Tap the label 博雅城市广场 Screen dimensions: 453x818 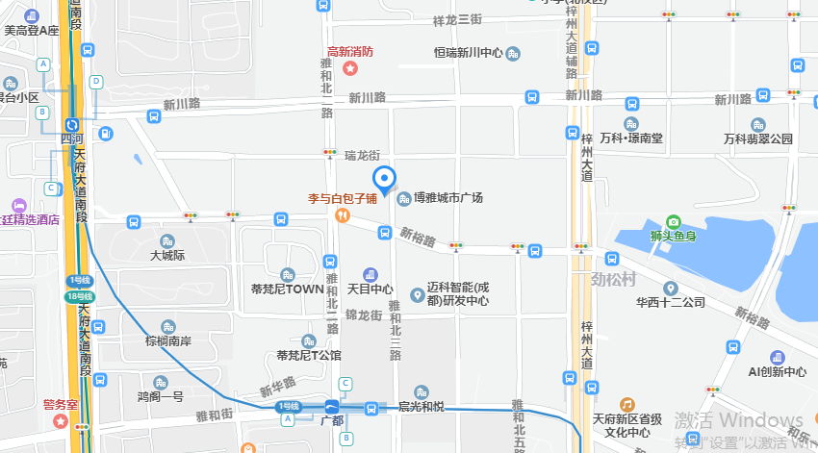coord(447,197)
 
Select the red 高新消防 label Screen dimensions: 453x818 coord(350,51)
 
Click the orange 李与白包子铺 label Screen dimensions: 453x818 coord(342,199)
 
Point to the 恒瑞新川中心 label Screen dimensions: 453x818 coord(469,53)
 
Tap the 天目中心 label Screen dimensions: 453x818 coord(371,289)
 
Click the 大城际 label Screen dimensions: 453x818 coord(166,256)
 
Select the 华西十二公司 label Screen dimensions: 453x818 coord(671,302)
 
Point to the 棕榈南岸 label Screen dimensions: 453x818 coord(168,340)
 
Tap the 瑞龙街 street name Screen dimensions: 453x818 coord(363,155)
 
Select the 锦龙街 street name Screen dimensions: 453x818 coord(364,315)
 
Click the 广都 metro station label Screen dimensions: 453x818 coord(331,421)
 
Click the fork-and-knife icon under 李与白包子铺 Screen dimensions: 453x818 coord(342,216)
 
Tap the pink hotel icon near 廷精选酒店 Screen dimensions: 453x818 coord(16,206)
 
